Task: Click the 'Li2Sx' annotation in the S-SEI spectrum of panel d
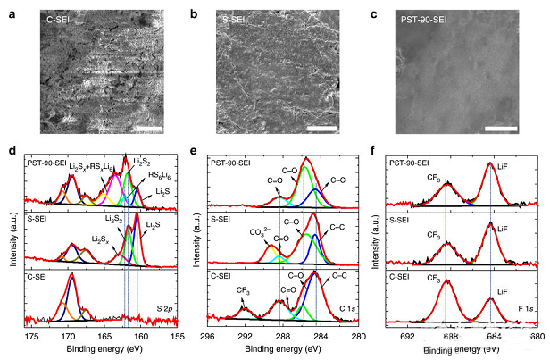(x=100, y=239)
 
